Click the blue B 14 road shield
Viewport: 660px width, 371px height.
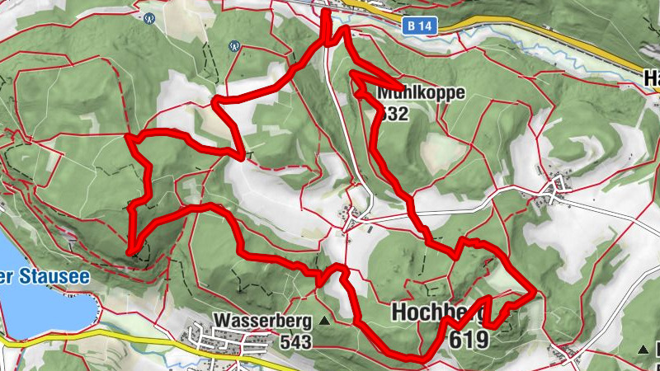point(420,26)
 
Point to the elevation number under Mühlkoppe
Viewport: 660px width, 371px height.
point(394,115)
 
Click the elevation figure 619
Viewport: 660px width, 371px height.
point(469,339)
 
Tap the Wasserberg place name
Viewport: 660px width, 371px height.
point(262,320)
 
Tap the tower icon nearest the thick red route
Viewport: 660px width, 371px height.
point(234,46)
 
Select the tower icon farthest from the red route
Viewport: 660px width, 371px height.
point(149,16)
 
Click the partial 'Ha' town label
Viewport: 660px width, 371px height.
point(651,78)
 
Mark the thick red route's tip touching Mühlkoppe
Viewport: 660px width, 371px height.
point(403,88)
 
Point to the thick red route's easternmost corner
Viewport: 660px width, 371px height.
point(535,290)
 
